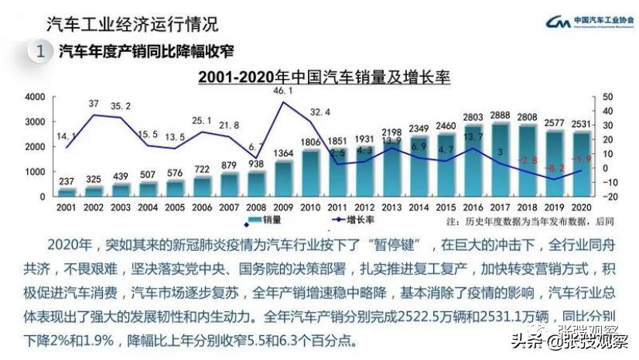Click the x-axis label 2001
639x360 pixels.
tap(67, 207)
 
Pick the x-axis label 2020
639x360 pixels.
tap(582, 207)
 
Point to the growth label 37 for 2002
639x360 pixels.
tap(94, 104)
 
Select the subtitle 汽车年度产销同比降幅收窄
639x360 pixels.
tap(147, 52)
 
